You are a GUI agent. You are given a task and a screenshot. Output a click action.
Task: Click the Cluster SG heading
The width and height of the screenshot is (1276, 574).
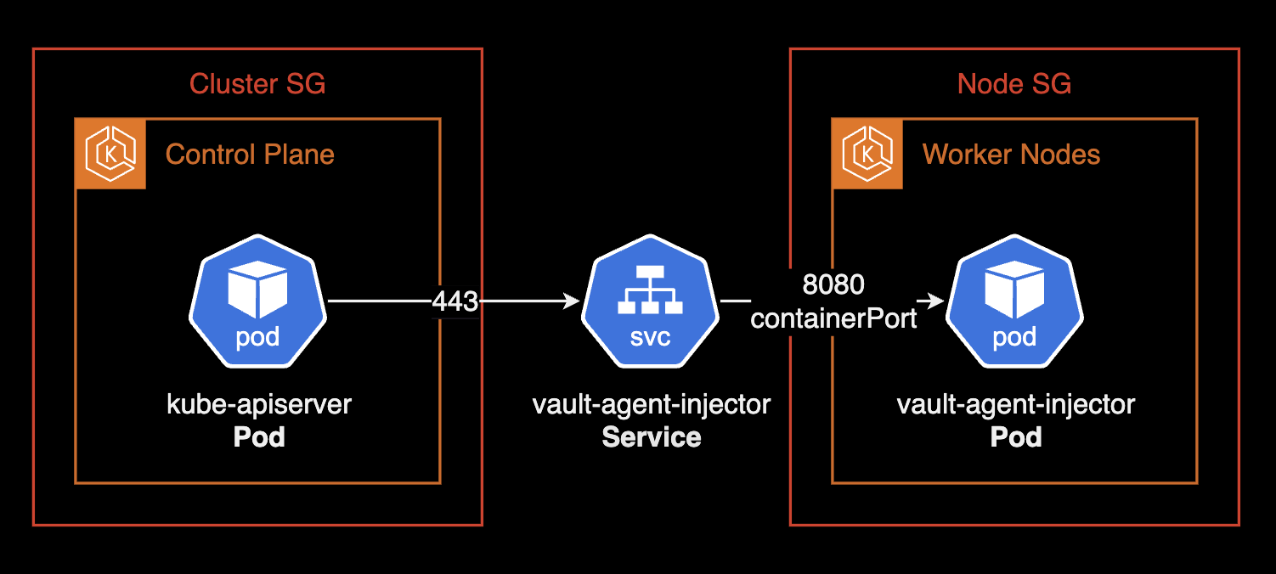point(257,84)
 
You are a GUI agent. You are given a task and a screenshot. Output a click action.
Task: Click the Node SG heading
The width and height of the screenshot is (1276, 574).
point(1013,84)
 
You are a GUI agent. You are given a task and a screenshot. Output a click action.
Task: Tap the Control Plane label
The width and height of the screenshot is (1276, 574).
point(250,155)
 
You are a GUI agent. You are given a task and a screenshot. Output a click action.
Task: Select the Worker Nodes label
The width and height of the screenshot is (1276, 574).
point(1011,155)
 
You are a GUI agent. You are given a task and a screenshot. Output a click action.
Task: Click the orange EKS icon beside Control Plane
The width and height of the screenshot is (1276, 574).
point(111,154)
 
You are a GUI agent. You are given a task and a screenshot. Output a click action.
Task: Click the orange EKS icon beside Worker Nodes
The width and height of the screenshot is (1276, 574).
point(867,154)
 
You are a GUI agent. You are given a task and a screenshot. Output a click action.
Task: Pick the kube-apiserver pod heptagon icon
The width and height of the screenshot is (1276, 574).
point(257,306)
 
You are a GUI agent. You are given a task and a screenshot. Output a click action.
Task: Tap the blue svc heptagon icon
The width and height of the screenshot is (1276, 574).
point(650,306)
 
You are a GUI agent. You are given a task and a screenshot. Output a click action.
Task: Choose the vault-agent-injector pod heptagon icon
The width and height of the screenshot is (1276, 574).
point(1014,306)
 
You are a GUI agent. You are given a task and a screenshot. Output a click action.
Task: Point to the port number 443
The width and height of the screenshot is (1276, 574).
point(455,301)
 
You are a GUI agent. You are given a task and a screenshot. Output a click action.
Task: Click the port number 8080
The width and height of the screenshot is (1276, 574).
point(833,284)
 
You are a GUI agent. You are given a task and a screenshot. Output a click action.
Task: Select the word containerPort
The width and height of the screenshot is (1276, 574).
point(833,319)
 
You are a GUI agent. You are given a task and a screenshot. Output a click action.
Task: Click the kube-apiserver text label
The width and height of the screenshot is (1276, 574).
point(258,404)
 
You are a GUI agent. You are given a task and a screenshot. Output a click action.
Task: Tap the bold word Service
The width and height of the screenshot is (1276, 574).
point(652,437)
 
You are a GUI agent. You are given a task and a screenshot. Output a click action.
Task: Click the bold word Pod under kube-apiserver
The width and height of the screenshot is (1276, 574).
point(258,437)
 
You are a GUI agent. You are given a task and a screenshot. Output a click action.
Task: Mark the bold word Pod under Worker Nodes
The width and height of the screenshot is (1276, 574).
point(1016,437)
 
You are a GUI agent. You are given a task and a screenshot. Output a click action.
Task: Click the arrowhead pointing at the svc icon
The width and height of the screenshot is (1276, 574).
point(572,301)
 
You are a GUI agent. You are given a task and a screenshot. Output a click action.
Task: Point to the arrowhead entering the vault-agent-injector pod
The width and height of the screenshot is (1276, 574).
point(936,301)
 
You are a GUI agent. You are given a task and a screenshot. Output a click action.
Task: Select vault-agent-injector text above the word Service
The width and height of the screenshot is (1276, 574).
point(652,404)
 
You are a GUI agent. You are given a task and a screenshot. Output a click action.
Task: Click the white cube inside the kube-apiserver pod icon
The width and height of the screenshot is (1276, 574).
point(257,289)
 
